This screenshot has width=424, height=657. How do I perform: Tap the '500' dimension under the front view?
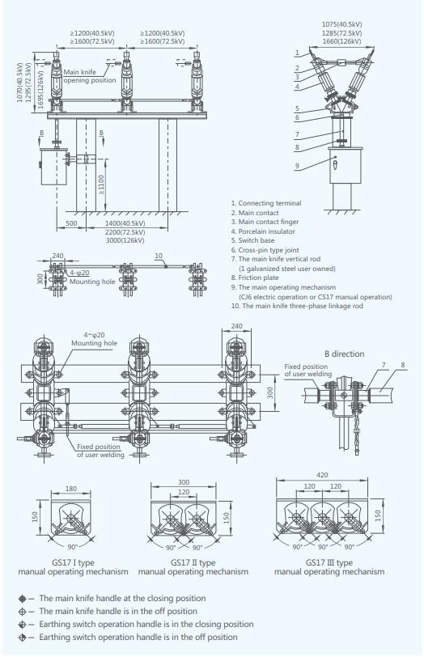pos(71,222)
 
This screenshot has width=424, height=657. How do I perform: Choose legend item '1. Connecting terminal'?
pos(266,203)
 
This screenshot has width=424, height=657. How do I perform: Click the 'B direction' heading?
pos(345,354)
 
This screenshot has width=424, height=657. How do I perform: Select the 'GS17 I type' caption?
pos(72,562)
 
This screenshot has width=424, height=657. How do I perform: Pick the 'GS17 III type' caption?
pos(329,562)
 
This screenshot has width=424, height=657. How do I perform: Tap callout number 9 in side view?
pos(298,166)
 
